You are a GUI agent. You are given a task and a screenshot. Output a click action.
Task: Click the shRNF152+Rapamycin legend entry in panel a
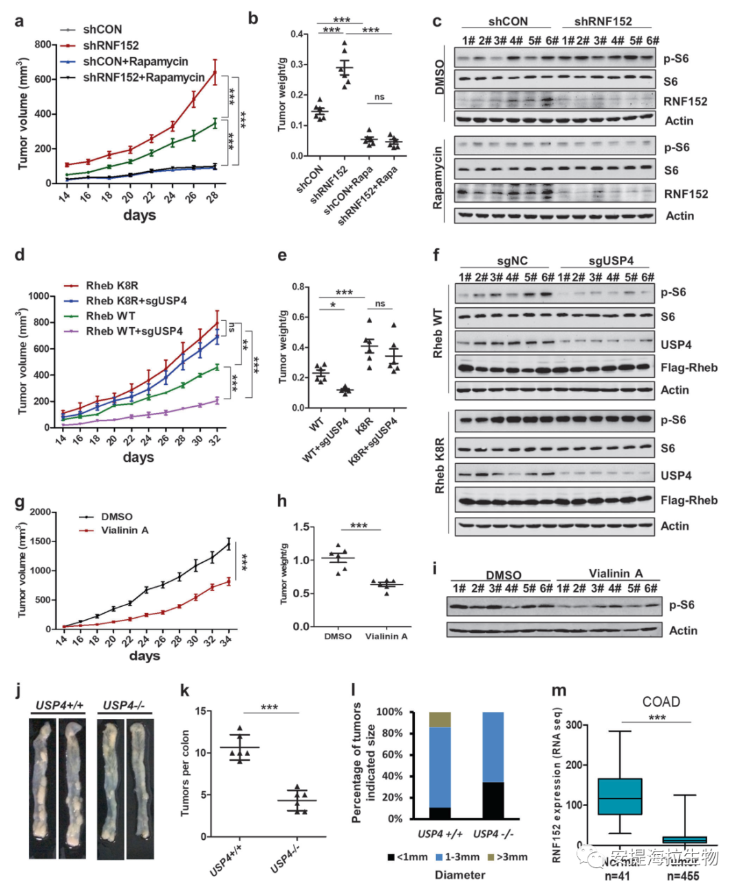(x=144, y=78)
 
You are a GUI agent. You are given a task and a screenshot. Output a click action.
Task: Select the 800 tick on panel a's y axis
(x=43, y=45)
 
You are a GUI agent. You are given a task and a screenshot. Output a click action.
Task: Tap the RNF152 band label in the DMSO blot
(x=685, y=102)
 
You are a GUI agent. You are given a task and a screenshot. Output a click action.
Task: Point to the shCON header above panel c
(x=508, y=22)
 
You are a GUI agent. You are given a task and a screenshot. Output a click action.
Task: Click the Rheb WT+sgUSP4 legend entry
(x=134, y=331)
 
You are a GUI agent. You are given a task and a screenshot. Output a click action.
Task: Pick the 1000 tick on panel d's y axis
(x=39, y=296)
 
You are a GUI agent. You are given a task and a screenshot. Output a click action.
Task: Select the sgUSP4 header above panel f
(x=611, y=261)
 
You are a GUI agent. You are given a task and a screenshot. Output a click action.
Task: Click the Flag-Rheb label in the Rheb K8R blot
(x=689, y=500)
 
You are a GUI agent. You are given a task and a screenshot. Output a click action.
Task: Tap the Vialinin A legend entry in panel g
(x=125, y=531)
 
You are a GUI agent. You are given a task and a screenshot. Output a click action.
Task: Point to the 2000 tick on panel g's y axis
(x=40, y=512)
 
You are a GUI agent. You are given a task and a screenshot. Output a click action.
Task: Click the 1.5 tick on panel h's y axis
(x=301, y=527)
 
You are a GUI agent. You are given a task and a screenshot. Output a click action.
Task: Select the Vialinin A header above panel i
(x=615, y=573)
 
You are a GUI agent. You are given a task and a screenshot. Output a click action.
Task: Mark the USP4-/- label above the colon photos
(x=124, y=705)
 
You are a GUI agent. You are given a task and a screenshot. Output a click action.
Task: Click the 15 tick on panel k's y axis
(x=200, y=711)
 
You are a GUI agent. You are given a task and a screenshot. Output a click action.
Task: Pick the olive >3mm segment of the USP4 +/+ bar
(x=440, y=720)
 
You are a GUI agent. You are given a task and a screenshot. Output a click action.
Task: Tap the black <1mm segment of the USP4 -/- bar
(x=493, y=800)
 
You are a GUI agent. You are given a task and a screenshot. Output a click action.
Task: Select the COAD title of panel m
(x=660, y=702)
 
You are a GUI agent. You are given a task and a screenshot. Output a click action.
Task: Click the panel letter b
(x=253, y=19)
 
